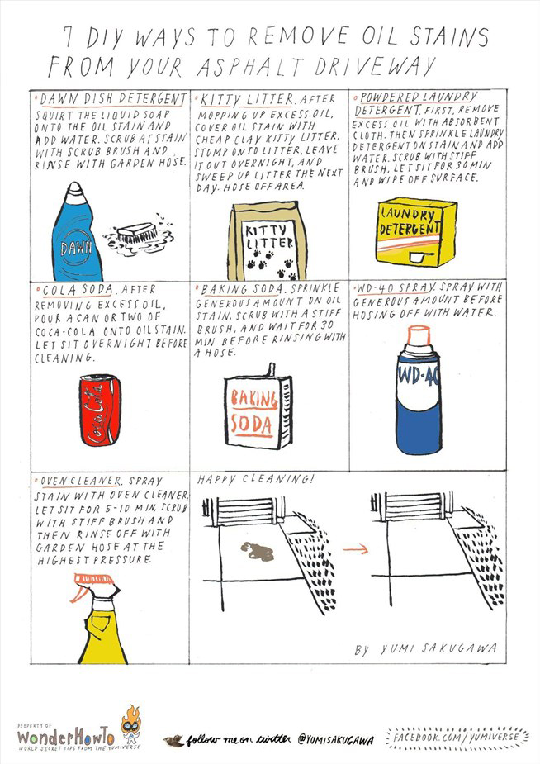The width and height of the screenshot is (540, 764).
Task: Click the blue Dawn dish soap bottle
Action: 75,233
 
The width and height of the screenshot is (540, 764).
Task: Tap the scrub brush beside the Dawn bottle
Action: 138,234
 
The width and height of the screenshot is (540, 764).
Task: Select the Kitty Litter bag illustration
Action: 270,242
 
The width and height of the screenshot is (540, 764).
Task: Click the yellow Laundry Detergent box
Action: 416,232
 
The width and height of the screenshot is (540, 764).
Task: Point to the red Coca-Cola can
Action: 100,410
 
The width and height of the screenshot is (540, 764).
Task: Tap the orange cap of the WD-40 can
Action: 419,335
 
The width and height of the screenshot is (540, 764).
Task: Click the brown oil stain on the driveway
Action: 257,551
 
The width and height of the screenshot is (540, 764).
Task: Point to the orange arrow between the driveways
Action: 355,549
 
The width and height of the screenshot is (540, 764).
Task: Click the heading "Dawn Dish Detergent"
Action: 113,99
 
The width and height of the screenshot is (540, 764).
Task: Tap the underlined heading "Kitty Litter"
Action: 248,100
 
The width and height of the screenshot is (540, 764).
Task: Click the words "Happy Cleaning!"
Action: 254,479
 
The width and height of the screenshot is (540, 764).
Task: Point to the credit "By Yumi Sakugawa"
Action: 426,649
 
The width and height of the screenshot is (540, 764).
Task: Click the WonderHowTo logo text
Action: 66,735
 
